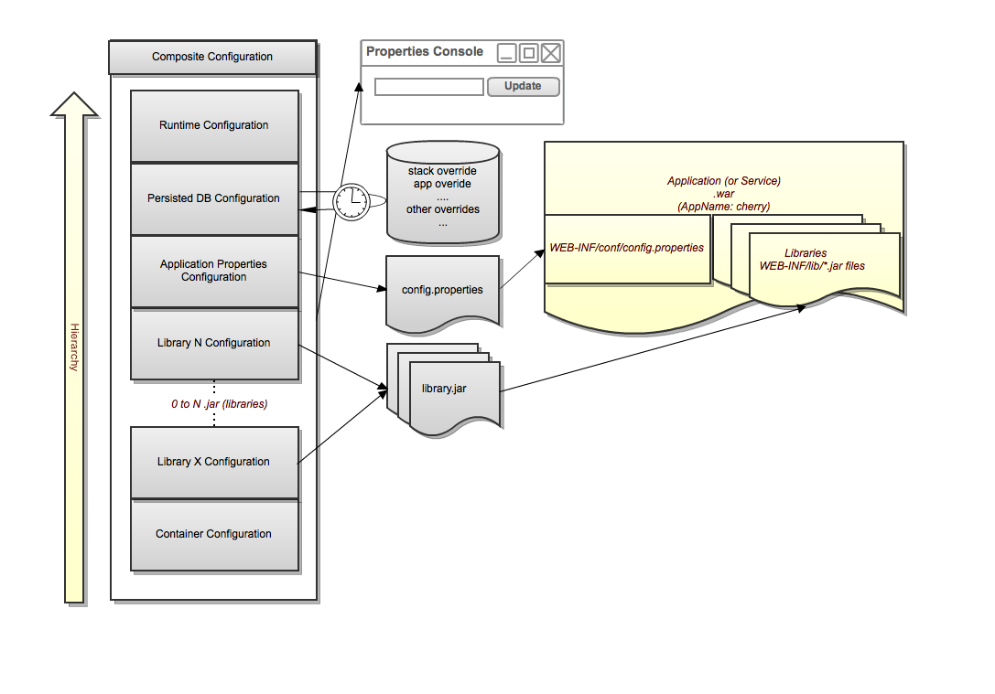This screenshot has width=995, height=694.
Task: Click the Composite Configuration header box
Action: coord(212,57)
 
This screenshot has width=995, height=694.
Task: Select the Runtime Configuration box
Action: coord(214,125)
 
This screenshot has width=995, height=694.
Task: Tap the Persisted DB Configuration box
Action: coord(214,198)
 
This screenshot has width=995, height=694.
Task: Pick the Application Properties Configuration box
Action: coord(214,271)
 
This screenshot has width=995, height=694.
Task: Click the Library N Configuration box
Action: coord(214,344)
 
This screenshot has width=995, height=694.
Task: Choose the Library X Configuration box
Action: coord(214,462)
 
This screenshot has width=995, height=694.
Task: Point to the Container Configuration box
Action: coord(214,534)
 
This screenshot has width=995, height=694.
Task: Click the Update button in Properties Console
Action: coord(523,86)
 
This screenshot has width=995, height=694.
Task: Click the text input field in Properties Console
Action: coord(429,87)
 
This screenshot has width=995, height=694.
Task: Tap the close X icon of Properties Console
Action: coord(551,53)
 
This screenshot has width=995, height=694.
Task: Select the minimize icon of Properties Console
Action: coord(507,53)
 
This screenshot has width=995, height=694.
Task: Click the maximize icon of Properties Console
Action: coord(529,53)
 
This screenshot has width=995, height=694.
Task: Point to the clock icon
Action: coord(351,201)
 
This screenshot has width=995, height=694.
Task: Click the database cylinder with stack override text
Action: coord(443,192)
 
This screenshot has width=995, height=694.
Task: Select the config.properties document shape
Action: coord(443,290)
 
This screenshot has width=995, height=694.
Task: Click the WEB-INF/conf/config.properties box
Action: coord(627,248)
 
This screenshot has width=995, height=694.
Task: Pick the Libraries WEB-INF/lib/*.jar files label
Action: coord(812,260)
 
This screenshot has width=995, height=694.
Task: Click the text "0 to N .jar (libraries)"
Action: coord(219,403)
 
